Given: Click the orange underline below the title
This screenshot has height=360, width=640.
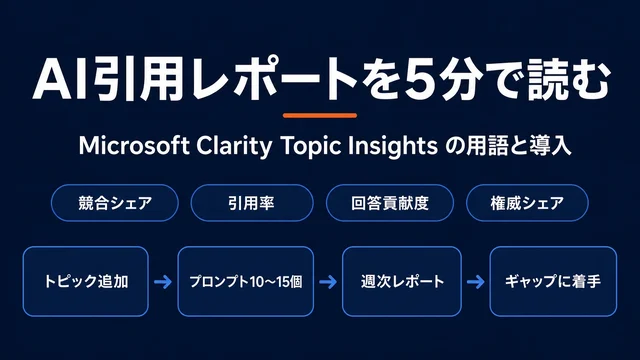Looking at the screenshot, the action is tap(320, 116).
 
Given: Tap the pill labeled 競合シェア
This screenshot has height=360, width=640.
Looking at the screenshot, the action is tap(115, 203).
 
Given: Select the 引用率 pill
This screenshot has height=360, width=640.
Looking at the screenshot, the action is tap(252, 203).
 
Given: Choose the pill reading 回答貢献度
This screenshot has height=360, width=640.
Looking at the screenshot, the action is tap(390, 203).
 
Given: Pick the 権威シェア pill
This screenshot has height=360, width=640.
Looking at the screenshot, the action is tap(527, 203).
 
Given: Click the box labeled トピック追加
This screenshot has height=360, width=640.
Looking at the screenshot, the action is tap(86, 281).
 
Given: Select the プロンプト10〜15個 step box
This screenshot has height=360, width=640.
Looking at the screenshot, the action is tap(246, 281).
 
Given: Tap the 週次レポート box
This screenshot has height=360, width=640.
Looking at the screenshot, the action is tap(402, 281).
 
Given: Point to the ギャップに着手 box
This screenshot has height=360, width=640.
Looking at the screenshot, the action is tap(553, 281).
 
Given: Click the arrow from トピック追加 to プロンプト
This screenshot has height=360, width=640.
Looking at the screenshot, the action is tap(163, 282).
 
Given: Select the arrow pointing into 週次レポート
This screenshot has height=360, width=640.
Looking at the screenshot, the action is tap(328, 282).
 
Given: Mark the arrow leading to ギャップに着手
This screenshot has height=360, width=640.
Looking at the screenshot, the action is tap(476, 282).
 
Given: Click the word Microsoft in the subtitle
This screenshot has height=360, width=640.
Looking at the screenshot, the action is tap(134, 145).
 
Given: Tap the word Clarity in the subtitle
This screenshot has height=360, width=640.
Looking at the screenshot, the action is tap(234, 146).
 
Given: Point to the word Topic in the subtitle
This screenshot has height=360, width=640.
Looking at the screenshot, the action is tap(311, 146).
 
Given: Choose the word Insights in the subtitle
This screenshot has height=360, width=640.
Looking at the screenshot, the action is tap(393, 146).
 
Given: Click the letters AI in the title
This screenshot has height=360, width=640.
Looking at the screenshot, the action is tap(62, 80).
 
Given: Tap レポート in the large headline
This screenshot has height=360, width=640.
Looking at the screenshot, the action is tap(275, 80).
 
